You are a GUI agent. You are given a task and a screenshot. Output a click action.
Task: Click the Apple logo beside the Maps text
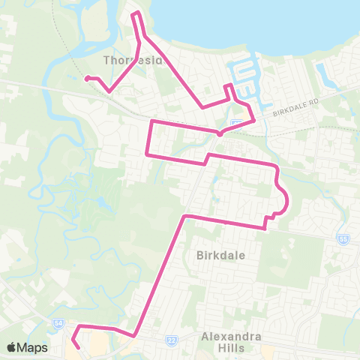(x=12, y=347)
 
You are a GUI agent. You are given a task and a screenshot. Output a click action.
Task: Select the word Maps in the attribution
(x=32, y=347)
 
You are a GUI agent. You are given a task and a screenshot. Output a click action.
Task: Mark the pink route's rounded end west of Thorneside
(x=87, y=78)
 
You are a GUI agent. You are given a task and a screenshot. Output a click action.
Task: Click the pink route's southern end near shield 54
(x=79, y=347)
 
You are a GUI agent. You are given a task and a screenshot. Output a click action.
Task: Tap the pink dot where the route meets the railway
(x=219, y=134)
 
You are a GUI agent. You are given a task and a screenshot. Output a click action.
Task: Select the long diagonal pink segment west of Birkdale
(x=159, y=274)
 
